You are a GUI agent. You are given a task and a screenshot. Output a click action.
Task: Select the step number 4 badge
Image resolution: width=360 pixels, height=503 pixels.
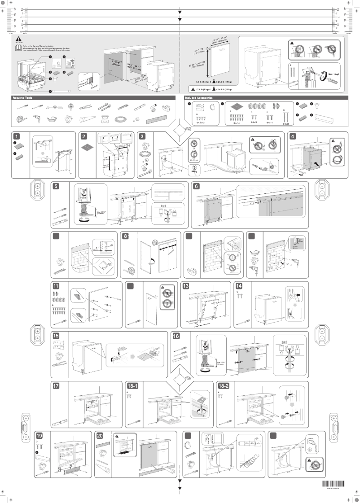[x=294, y=136]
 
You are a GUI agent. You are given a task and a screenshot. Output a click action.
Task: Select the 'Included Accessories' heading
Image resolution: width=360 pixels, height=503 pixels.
[x=199, y=97]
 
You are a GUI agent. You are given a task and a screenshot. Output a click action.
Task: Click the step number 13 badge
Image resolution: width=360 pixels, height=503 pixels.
[x=185, y=286]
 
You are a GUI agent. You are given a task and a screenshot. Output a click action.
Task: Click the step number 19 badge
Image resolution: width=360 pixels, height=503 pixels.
[x=39, y=435]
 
